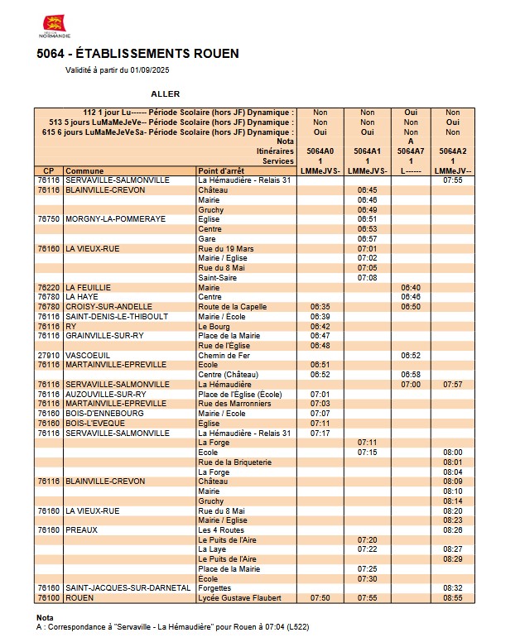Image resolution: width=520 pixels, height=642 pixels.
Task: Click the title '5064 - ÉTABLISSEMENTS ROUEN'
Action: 137,54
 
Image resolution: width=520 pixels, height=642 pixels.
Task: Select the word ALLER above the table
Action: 166,94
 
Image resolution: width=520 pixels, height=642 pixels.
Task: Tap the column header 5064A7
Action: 410,151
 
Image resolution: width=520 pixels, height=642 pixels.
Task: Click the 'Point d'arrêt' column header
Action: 219,170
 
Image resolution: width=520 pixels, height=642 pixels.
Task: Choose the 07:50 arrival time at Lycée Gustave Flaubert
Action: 320,597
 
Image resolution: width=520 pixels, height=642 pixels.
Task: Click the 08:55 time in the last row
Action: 452,597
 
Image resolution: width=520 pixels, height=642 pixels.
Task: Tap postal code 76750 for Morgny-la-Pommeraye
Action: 49,219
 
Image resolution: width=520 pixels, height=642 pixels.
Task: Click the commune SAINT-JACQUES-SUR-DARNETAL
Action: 118,588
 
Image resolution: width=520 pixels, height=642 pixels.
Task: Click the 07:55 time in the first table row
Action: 452,180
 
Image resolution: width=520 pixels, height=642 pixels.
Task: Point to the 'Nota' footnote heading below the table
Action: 45,618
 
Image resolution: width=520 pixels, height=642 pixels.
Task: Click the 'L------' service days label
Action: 410,170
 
